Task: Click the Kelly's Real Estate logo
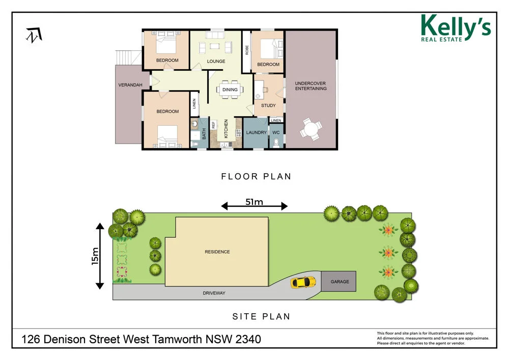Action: [455, 27]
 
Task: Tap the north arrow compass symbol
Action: [35, 36]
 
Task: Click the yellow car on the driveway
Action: [303, 282]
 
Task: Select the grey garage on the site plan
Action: [339, 282]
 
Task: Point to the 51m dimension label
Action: [254, 202]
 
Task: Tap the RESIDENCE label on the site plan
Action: [217, 252]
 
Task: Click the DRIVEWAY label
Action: [214, 293]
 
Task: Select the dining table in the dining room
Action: [230, 90]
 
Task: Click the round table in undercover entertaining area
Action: [310, 129]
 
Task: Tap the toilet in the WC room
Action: [276, 143]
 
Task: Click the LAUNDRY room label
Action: [256, 133]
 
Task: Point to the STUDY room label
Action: [268, 106]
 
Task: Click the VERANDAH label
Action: [130, 85]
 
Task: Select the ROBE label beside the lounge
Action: [247, 50]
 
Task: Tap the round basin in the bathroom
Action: [194, 124]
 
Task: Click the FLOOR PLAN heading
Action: [256, 177]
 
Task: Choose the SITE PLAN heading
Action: [261, 316]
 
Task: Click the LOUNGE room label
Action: [216, 62]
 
